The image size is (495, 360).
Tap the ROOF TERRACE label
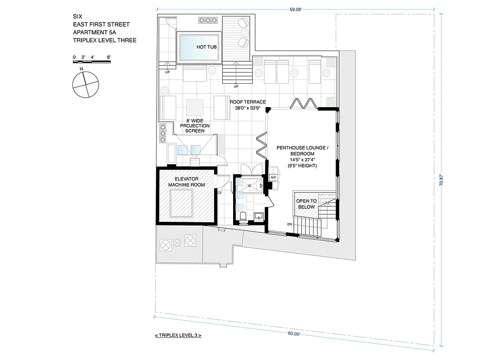pyautogui.click(x=247, y=102)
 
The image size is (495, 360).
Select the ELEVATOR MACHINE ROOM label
pyautogui.click(x=186, y=182)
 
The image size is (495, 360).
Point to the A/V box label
pyautogui.click(x=273, y=177)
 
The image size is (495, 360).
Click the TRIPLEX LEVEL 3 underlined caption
pyautogui.click(x=177, y=336)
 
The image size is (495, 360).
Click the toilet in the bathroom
pyautogui.click(x=243, y=217)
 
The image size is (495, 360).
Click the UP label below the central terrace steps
pyautogui.click(x=236, y=86)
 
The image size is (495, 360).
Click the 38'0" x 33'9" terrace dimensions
pyautogui.click(x=247, y=108)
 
